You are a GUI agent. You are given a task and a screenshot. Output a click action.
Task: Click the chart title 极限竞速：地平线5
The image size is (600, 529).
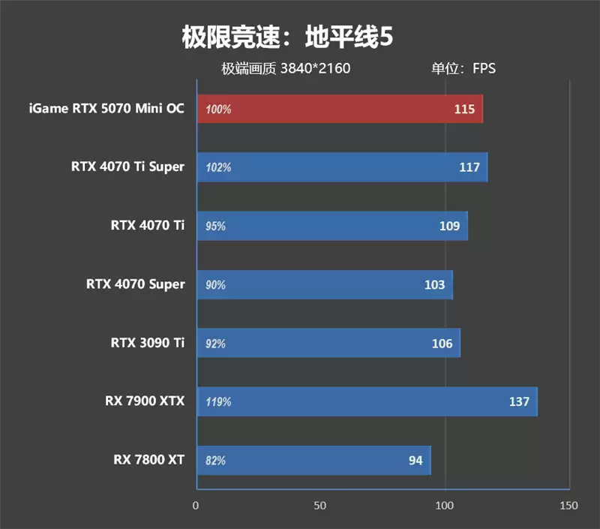tap(287, 38)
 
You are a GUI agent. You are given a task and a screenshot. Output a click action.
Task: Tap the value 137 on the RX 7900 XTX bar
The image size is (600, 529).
tap(519, 401)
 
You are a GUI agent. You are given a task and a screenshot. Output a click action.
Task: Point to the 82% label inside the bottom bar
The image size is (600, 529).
tap(215, 460)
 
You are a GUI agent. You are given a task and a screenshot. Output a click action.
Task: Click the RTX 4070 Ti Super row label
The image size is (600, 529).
tap(127, 167)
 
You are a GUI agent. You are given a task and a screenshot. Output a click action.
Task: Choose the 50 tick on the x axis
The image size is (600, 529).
tap(320, 506)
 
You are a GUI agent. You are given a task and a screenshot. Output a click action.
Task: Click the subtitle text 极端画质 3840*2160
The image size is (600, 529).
tap(286, 69)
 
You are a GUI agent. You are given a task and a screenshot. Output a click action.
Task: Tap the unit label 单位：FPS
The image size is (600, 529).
tap(463, 69)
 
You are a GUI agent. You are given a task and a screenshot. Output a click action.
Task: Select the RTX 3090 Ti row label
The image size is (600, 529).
tap(147, 343)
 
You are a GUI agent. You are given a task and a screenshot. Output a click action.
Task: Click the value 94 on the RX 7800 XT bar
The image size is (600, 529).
tap(415, 460)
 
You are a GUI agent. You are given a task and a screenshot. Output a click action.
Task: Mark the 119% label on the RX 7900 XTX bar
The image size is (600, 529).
tap(218, 401)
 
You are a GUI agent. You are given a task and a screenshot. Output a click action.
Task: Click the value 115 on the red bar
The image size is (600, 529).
tap(464, 109)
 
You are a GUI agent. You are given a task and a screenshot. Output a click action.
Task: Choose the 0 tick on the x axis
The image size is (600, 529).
tap(196, 506)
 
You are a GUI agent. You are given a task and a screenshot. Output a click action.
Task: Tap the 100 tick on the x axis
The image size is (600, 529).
tap(445, 506)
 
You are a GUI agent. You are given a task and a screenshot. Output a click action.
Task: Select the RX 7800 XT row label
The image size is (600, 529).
tap(148, 460)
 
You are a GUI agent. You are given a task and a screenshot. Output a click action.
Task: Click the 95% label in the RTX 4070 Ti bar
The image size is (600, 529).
tap(215, 226)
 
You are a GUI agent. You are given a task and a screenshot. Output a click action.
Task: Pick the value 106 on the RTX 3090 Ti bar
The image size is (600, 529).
tap(442, 343)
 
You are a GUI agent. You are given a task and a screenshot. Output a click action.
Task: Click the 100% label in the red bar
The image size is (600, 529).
tap(218, 109)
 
